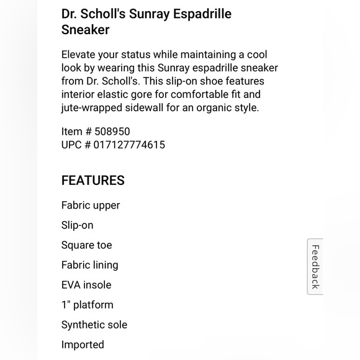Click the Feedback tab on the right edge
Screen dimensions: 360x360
(315, 266)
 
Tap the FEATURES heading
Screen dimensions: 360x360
(92, 181)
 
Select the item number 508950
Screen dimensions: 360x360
(112, 132)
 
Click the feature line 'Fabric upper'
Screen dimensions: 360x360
(91, 205)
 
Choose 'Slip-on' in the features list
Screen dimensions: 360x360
(78, 225)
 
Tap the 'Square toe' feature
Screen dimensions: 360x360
(87, 245)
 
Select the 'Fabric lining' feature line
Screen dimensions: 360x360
(89, 265)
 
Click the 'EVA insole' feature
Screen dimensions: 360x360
(86, 285)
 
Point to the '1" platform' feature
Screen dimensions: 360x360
(88, 305)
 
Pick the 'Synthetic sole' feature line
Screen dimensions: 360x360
(94, 325)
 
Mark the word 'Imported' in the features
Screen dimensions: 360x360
(83, 344)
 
